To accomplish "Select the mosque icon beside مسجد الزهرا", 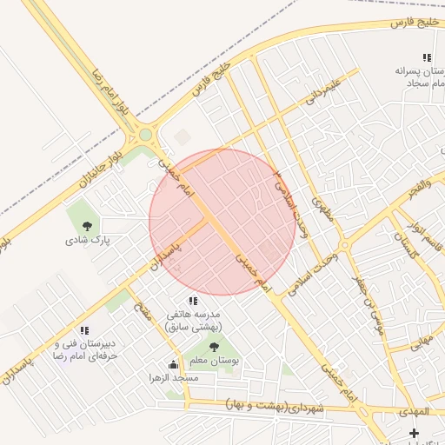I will coord(172,365).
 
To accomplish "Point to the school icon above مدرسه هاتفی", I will coord(193,301).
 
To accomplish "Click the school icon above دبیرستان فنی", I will coord(84,330).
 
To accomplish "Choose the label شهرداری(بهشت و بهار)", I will coord(274,406).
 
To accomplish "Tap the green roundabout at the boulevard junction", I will coord(145,136).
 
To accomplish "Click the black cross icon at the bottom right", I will coord(414,432).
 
